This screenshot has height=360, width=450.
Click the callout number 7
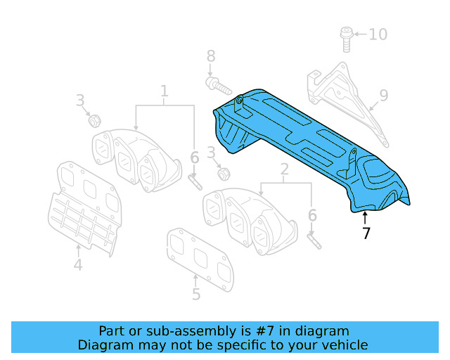pyautogui.click(x=366, y=233)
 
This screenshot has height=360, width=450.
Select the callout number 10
pyautogui.click(x=378, y=34)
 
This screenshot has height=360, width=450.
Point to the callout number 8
pyautogui.click(x=210, y=56)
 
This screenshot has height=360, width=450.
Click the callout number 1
pyautogui.click(x=165, y=91)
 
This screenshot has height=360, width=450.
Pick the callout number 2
pyautogui.click(x=285, y=169)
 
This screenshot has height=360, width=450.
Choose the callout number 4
pyautogui.click(x=78, y=265)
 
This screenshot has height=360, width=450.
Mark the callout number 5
pyautogui.click(x=196, y=295)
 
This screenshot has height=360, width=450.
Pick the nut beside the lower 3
pyautogui.click(x=223, y=173)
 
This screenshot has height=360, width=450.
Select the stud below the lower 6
pyautogui.click(x=314, y=240)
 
